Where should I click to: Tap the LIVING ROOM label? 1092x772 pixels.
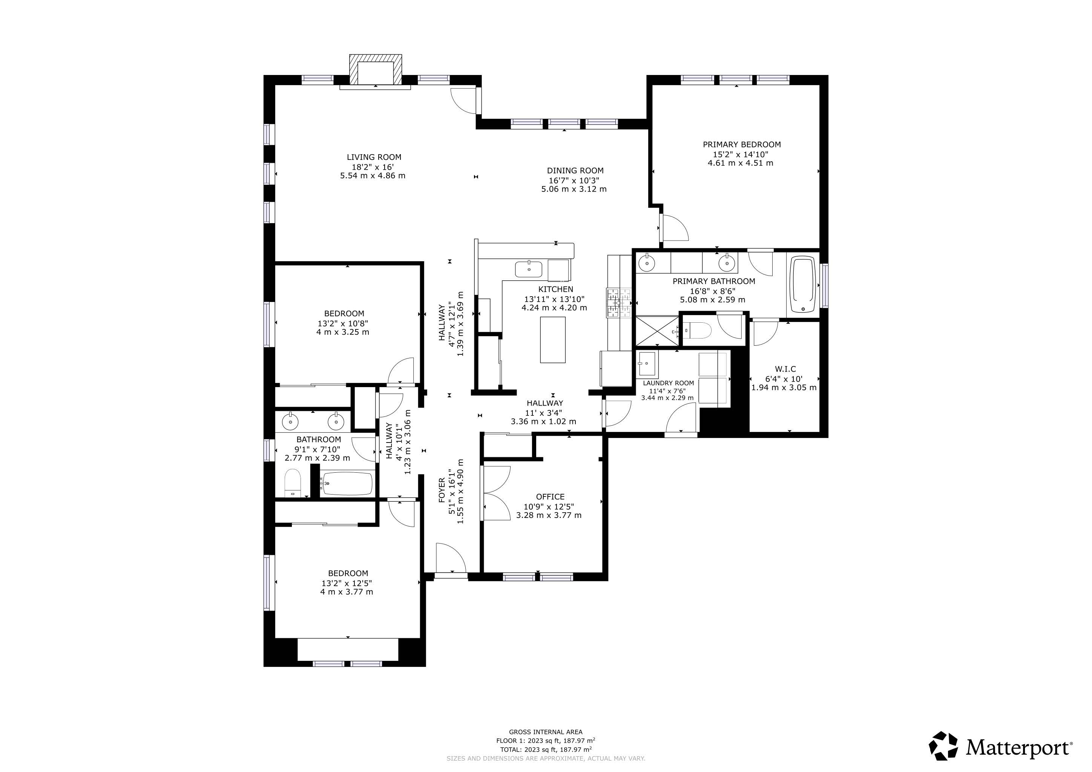tap(374, 157)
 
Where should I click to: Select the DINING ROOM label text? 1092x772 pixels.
tap(575, 170)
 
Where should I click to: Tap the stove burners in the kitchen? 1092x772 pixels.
tap(618, 303)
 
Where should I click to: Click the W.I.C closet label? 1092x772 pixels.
tap(785, 369)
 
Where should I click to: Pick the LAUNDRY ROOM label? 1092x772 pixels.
tap(668, 383)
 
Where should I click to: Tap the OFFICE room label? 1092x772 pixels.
tap(550, 497)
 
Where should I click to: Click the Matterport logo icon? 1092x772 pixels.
tap(943, 746)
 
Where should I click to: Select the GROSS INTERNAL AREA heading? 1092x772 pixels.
tap(546, 732)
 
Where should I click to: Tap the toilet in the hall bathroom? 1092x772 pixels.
tap(293, 482)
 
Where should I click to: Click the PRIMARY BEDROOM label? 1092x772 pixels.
tap(742, 144)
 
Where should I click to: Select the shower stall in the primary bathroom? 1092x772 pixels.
tap(658, 330)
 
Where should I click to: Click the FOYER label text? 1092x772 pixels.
tap(442, 490)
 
